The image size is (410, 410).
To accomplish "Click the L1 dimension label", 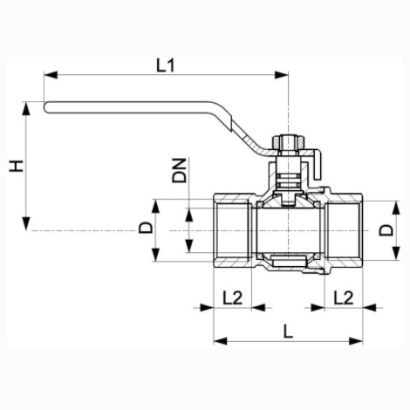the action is coord(166,65).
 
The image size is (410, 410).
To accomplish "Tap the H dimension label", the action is coord(17,166).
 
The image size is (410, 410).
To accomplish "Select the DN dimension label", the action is coord(179,170).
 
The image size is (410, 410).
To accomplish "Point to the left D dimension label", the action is coord(146,228).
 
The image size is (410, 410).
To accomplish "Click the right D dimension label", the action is coord(386,230).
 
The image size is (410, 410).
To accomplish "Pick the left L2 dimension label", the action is coord(232,297).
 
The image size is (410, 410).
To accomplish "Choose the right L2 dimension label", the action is coord(344,297).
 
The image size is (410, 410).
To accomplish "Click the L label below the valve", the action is coord(288,331).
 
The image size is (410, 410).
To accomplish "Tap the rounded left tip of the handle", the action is coord(45,107).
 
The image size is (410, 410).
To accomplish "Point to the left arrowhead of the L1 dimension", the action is coord(51,75).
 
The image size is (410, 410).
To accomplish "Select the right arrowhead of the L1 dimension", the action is coord(282,75).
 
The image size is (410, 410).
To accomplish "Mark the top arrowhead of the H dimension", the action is coord(26,108).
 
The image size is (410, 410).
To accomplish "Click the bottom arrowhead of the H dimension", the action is coord(26,223).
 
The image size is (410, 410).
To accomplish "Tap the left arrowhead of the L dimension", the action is coord(221,341).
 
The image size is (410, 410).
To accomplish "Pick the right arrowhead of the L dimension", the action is coord(356,341).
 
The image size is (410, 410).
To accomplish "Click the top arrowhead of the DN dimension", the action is coord(189,215).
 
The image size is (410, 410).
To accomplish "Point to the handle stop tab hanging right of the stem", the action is coord(317,165).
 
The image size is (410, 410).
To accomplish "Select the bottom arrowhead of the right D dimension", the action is coord(397,253).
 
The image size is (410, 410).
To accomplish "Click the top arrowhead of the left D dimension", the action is coord(156,206).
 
